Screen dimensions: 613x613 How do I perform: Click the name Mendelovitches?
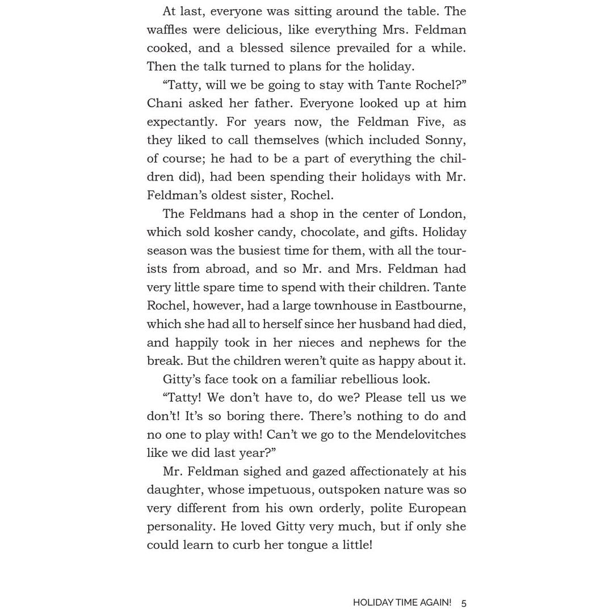pos(419,435)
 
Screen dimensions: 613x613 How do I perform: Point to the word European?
pos(438,508)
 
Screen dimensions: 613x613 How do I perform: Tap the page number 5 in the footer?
pos(464,603)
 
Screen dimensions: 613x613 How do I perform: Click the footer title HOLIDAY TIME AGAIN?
pos(402,603)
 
